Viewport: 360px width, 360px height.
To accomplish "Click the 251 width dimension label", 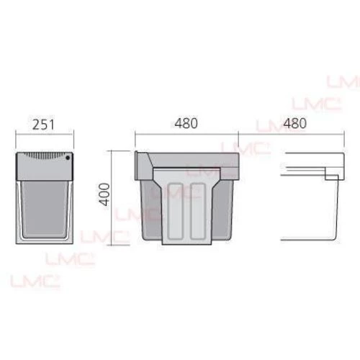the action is pyautogui.click(x=43, y=125).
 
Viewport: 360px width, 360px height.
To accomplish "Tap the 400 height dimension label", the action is pyautogui.click(x=104, y=194).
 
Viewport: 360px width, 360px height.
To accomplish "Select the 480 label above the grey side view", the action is pyautogui.click(x=186, y=123).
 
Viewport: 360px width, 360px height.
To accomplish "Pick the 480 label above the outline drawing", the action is pyautogui.click(x=294, y=123).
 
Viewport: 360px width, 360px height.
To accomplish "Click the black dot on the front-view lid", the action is pyautogui.click(x=68, y=158).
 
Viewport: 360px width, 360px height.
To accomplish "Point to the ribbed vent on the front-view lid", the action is pyautogui.click(x=45, y=155).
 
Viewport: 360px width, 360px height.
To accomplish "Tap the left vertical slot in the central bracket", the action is pyautogui.click(x=175, y=212).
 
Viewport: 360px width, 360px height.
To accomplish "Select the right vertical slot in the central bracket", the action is pyautogui.click(x=198, y=212).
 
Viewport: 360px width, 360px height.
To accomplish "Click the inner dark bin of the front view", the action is pyautogui.click(x=45, y=208).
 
